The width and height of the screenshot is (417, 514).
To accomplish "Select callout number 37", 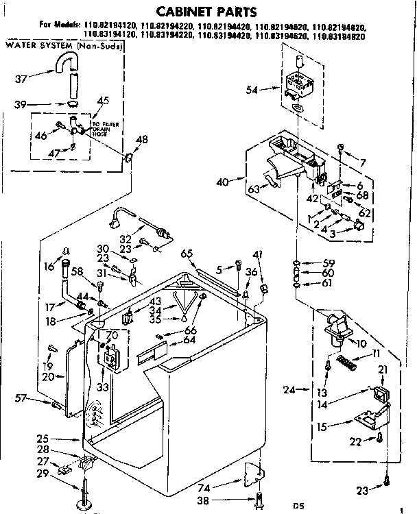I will point(21,77).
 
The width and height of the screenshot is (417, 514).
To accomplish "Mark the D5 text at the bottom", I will point(298,506).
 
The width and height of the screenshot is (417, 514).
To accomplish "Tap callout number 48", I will point(142,140).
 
